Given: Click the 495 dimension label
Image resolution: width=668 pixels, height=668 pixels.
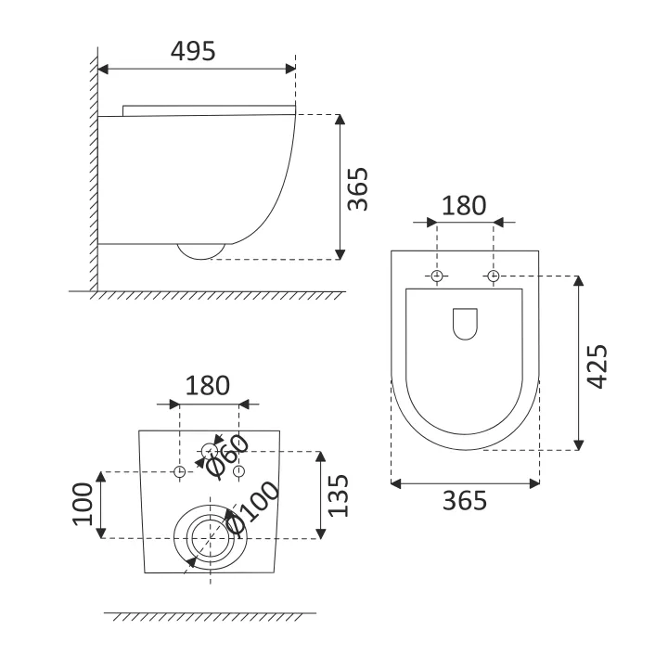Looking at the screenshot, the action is pyautogui.click(x=193, y=51).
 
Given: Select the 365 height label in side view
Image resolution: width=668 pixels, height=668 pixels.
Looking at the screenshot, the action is pyautogui.click(x=357, y=189).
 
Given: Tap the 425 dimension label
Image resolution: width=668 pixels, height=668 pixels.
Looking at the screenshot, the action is pyautogui.click(x=597, y=366).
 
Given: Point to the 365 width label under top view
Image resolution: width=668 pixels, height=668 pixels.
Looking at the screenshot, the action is pyautogui.click(x=465, y=501).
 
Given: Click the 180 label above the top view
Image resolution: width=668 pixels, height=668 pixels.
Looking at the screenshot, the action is pyautogui.click(x=464, y=206).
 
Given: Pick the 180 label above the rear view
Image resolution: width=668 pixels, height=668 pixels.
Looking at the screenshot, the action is pyautogui.click(x=208, y=386).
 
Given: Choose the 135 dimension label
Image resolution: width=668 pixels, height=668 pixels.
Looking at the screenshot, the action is pyautogui.click(x=339, y=495).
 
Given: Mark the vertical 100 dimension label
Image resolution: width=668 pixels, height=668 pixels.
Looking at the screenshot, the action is pyautogui.click(x=83, y=505).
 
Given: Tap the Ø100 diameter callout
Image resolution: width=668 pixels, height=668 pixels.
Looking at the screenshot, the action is pyautogui.click(x=252, y=507).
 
